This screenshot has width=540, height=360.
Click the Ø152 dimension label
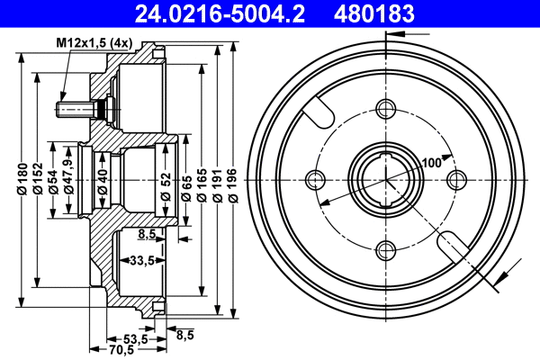click(x=39, y=180)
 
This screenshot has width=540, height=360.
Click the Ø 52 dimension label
click(x=166, y=180)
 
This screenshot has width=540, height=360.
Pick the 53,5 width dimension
click(x=135, y=338)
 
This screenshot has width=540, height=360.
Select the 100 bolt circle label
click(x=431, y=162)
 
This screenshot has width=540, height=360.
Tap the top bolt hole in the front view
click(x=387, y=110)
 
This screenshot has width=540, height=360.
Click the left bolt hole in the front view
click(x=316, y=179)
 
